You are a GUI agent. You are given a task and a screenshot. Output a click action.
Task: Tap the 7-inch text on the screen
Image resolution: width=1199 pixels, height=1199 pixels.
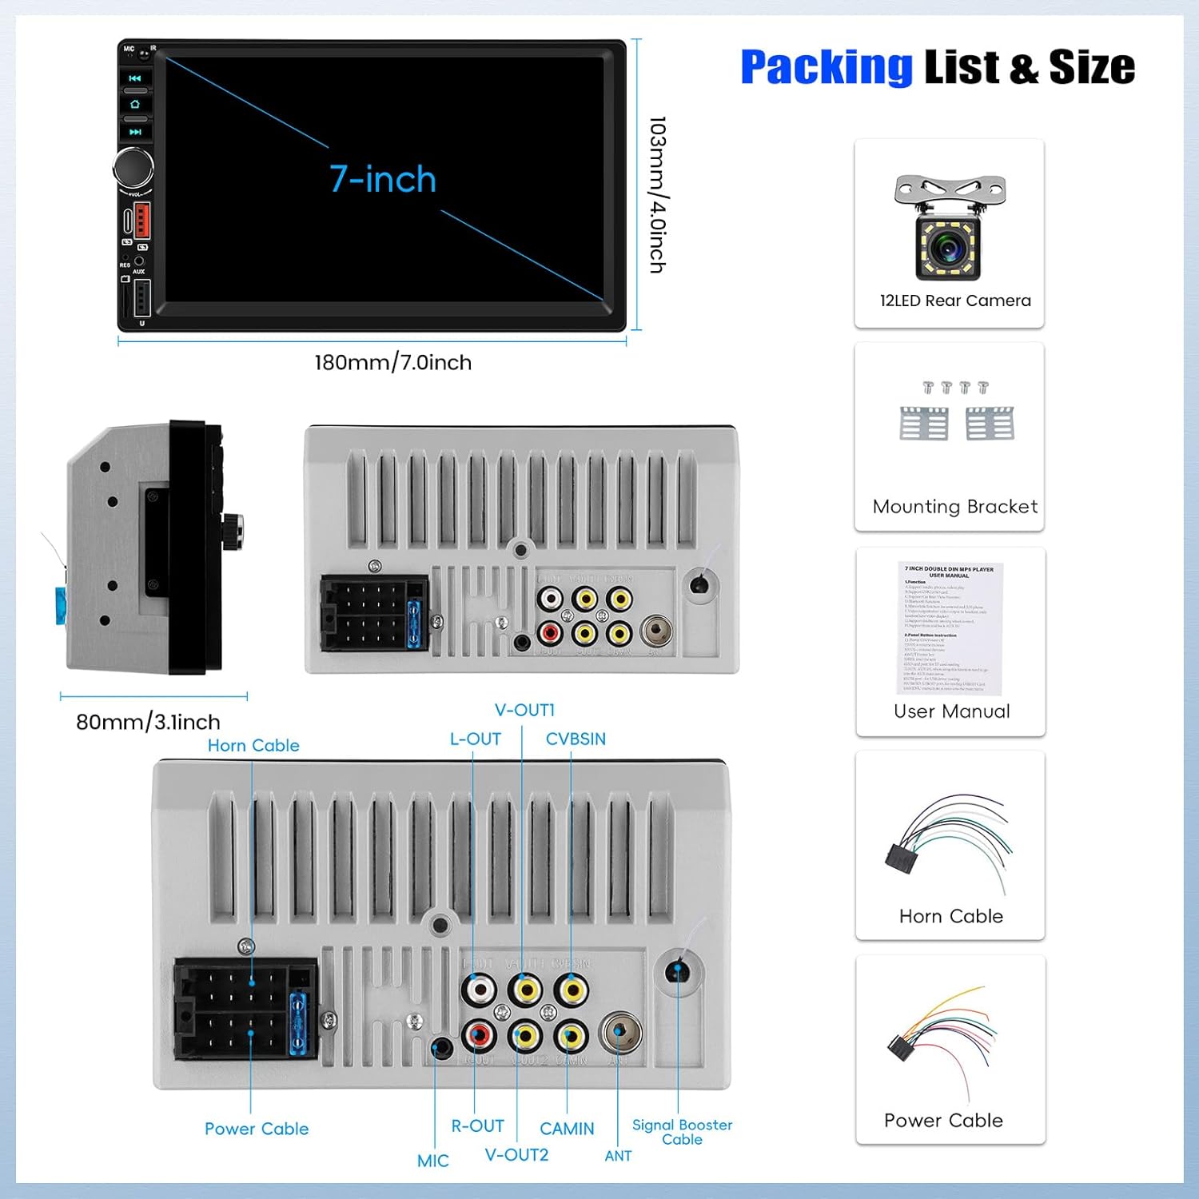(x=383, y=179)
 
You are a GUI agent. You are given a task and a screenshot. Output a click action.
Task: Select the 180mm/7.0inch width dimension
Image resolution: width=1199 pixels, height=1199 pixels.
(x=392, y=363)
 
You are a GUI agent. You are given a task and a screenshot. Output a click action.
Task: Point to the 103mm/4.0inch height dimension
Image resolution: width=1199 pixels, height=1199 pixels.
(x=657, y=194)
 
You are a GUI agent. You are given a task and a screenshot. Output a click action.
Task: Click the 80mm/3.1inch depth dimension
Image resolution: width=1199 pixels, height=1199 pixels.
(x=148, y=722)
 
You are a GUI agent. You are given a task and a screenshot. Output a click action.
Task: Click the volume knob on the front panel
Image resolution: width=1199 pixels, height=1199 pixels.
(x=133, y=166)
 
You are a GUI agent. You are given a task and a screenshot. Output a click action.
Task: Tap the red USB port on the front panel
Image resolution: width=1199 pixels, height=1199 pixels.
(x=142, y=220)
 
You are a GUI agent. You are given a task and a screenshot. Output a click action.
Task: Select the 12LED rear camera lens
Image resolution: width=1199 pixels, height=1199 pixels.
(x=949, y=249)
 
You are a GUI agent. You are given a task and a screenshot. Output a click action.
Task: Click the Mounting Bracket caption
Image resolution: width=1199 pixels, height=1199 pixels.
(x=954, y=507)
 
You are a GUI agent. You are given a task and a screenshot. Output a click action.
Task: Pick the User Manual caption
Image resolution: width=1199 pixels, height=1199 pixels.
(x=951, y=711)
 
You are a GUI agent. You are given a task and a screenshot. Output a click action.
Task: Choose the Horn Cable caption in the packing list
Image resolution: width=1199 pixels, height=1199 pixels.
(x=950, y=916)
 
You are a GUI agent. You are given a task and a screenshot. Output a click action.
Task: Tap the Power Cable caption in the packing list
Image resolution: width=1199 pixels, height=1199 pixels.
(x=943, y=1121)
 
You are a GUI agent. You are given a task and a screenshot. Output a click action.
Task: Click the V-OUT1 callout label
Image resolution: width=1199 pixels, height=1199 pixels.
(x=524, y=710)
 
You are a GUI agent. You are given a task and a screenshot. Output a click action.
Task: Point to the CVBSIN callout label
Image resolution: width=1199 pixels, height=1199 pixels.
(x=576, y=739)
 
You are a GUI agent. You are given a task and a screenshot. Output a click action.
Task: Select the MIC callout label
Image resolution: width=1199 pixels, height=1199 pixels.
(x=432, y=1161)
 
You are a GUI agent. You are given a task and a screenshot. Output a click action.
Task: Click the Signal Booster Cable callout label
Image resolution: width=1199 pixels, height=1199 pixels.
(x=682, y=1132)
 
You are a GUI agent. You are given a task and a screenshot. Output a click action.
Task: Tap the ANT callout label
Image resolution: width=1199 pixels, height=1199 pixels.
(x=618, y=1156)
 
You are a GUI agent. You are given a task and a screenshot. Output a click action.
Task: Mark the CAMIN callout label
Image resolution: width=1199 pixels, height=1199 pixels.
(x=567, y=1129)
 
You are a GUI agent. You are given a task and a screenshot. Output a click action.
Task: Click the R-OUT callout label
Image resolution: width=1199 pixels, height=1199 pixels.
(x=477, y=1126)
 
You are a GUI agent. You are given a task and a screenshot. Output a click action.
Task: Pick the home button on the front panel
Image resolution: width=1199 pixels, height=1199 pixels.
(x=135, y=105)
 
